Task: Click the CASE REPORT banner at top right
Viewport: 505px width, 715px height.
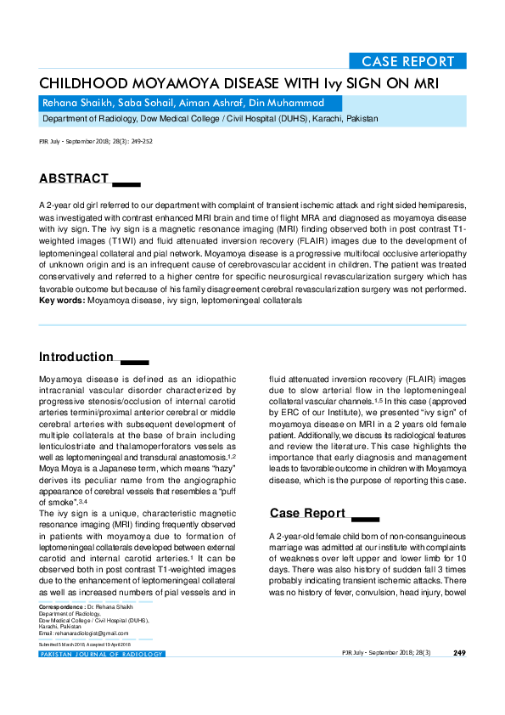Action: (x=408, y=61)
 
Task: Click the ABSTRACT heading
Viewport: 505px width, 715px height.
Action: (x=74, y=178)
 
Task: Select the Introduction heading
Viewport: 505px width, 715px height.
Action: (x=76, y=357)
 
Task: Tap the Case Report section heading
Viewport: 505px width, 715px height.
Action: (x=307, y=513)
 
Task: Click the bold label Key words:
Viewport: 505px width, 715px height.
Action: (x=62, y=301)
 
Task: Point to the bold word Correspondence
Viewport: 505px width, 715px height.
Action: (x=61, y=609)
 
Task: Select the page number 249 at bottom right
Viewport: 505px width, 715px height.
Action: (x=459, y=653)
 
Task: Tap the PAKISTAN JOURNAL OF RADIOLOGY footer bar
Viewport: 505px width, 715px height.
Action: (x=102, y=654)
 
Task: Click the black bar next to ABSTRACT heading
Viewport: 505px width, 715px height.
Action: (x=126, y=183)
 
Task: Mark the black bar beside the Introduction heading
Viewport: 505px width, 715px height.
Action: (x=135, y=362)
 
